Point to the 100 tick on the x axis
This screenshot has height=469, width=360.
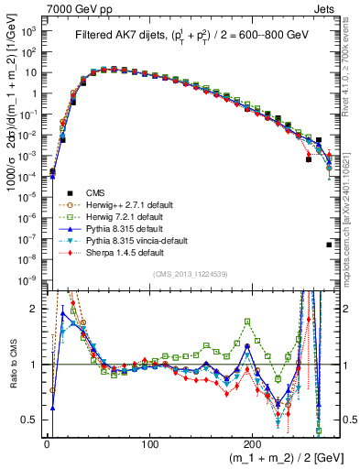149,442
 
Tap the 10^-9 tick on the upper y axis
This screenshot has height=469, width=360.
27,278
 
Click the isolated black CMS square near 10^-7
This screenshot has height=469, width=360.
329,245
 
